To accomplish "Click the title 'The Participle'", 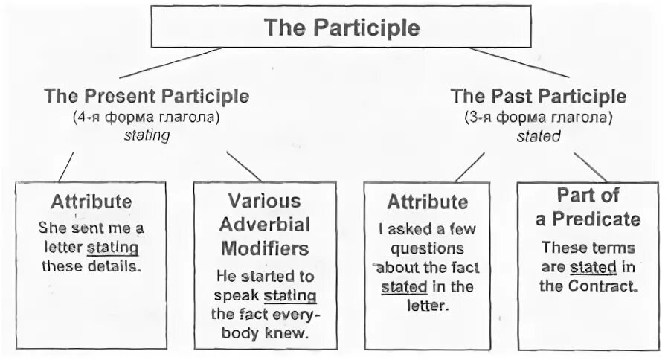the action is pos(341,28).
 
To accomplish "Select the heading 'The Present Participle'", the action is pos(147,96).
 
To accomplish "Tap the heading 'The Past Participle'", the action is pos(539,97).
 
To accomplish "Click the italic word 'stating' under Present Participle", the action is pos(147,135).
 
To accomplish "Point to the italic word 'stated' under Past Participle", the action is pos(539,136).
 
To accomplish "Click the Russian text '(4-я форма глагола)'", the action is pos(147,117).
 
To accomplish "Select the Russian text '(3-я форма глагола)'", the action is pos(539,118).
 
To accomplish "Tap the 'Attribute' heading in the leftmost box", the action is pos(91,202).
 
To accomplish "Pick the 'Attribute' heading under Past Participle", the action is pos(427,202).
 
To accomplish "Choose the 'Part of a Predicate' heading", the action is pos(588,207).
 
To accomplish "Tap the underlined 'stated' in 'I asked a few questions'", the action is pos(404,287).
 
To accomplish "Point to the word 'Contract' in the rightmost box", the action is pos(608,286).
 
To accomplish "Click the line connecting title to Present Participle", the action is pos(170,62).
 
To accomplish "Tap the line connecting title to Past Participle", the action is pos(518,62).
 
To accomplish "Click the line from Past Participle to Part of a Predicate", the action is pos(590,167).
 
